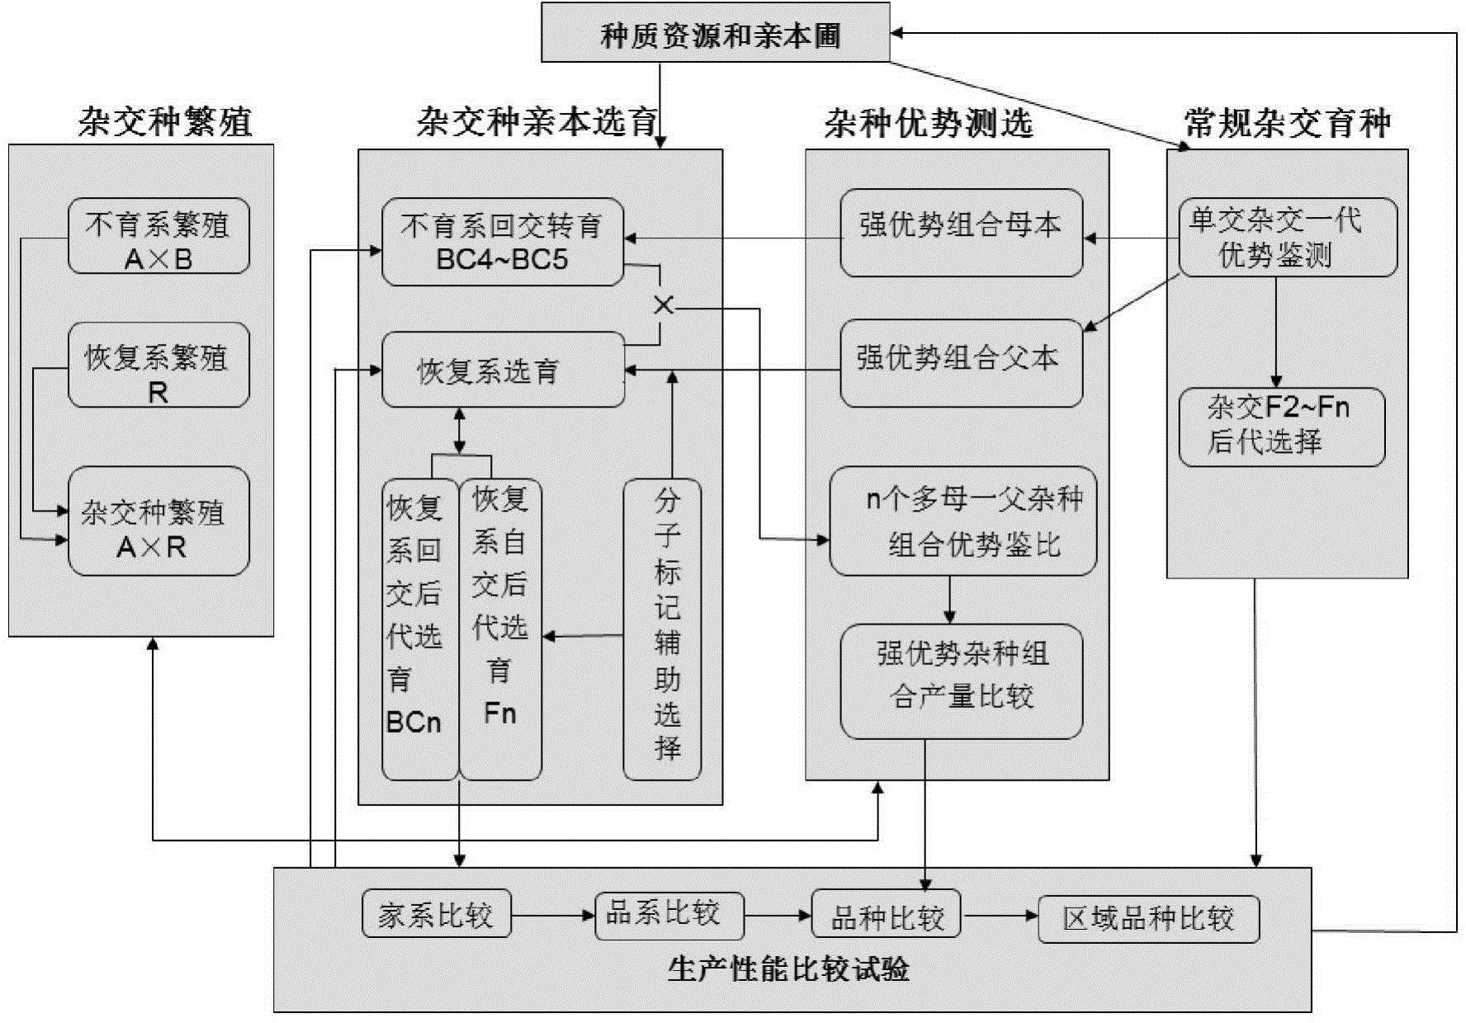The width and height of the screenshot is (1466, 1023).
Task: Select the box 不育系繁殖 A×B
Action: click(158, 237)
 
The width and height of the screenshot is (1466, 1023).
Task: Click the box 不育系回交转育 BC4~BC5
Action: click(502, 243)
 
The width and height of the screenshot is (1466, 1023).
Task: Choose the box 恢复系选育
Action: click(502, 370)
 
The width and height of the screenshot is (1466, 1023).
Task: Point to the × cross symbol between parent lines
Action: click(663, 305)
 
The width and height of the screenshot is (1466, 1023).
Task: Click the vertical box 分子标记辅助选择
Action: click(662, 629)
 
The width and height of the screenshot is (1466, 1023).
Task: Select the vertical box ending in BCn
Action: click(419, 629)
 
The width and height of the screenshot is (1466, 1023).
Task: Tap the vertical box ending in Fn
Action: click(500, 629)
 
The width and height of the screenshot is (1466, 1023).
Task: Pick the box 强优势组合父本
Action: click(961, 364)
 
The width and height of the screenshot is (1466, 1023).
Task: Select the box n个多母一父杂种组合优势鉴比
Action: click(962, 521)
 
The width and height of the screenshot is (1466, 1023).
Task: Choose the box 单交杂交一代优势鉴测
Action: click(1287, 237)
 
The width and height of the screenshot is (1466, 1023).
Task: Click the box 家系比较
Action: click(436, 914)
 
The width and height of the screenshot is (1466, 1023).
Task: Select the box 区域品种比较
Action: click(1148, 918)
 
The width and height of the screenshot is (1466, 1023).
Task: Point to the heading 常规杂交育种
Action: click(1287, 124)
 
